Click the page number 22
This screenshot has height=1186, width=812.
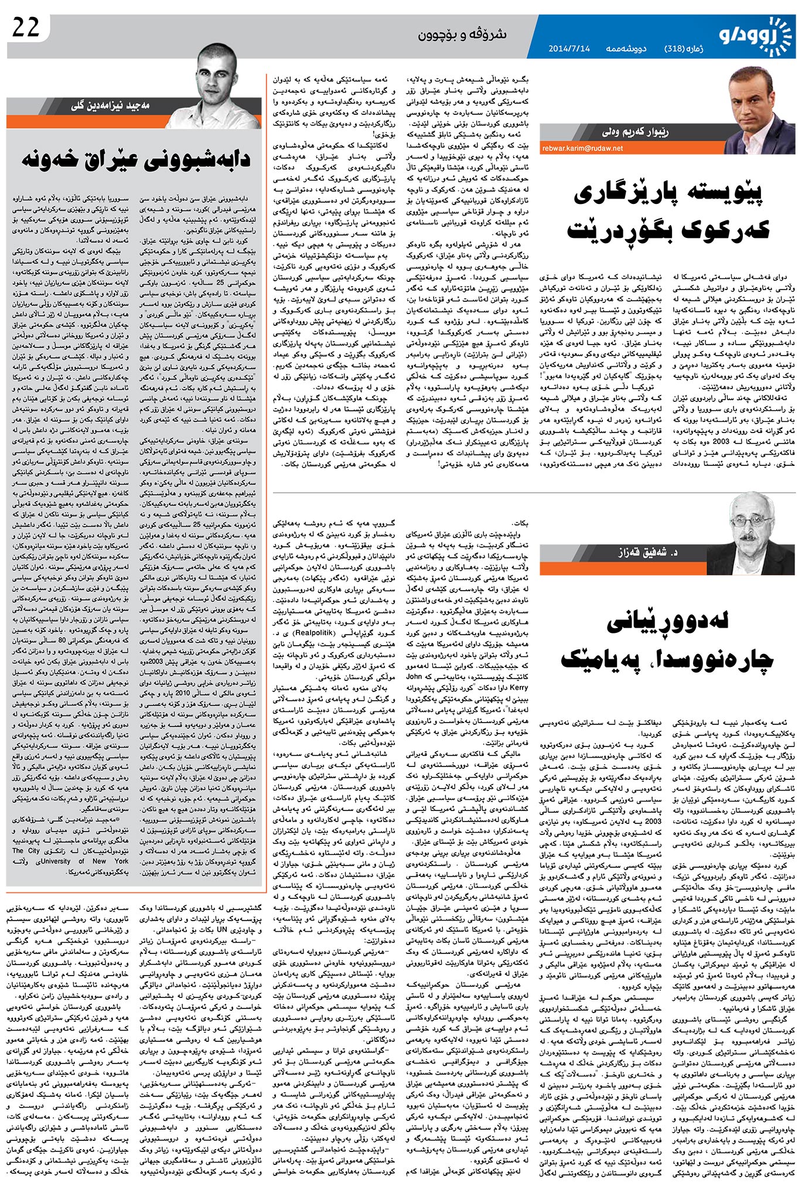(x=26, y=27)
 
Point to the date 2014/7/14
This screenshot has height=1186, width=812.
(x=569, y=49)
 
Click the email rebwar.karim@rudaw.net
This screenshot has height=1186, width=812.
(x=582, y=148)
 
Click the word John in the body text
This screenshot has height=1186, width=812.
(x=414, y=676)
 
